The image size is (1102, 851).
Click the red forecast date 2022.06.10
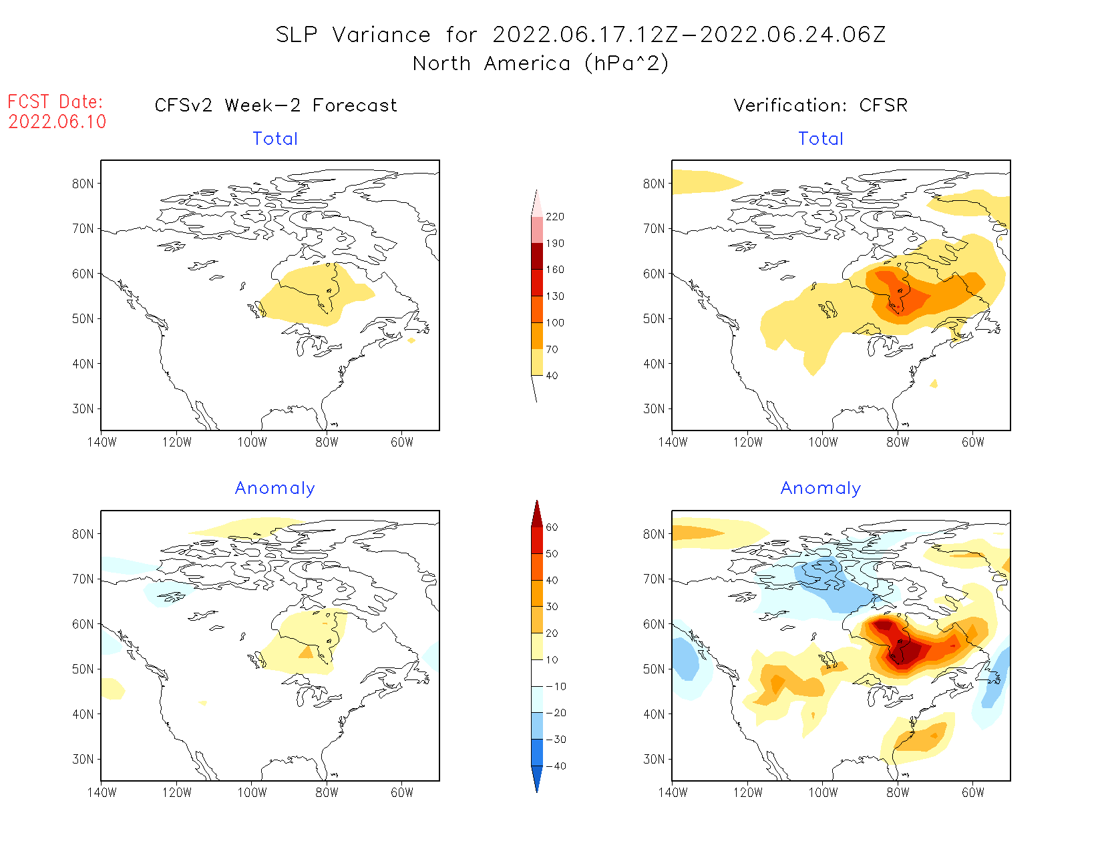tap(57, 121)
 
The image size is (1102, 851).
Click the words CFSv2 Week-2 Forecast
tap(275, 105)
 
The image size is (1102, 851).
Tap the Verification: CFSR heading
tap(820, 105)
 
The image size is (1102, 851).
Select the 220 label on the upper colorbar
tap(554, 217)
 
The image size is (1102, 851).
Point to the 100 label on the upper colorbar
tap(554, 322)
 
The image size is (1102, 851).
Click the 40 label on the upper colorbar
tap(552, 376)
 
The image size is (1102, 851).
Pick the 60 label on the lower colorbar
tap(552, 527)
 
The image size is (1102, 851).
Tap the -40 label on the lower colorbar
tap(556, 766)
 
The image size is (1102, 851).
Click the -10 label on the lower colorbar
tap(556, 686)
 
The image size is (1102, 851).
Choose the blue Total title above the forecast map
tap(275, 139)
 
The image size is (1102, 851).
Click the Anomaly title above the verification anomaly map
tap(820, 489)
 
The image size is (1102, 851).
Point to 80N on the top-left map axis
tap(83, 184)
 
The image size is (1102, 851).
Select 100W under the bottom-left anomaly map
tap(252, 793)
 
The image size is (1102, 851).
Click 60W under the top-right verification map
tap(972, 442)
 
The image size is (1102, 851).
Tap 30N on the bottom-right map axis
tap(654, 759)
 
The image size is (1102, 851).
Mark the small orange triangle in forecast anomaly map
tap(306, 652)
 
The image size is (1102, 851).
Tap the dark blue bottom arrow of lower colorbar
tap(537, 779)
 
